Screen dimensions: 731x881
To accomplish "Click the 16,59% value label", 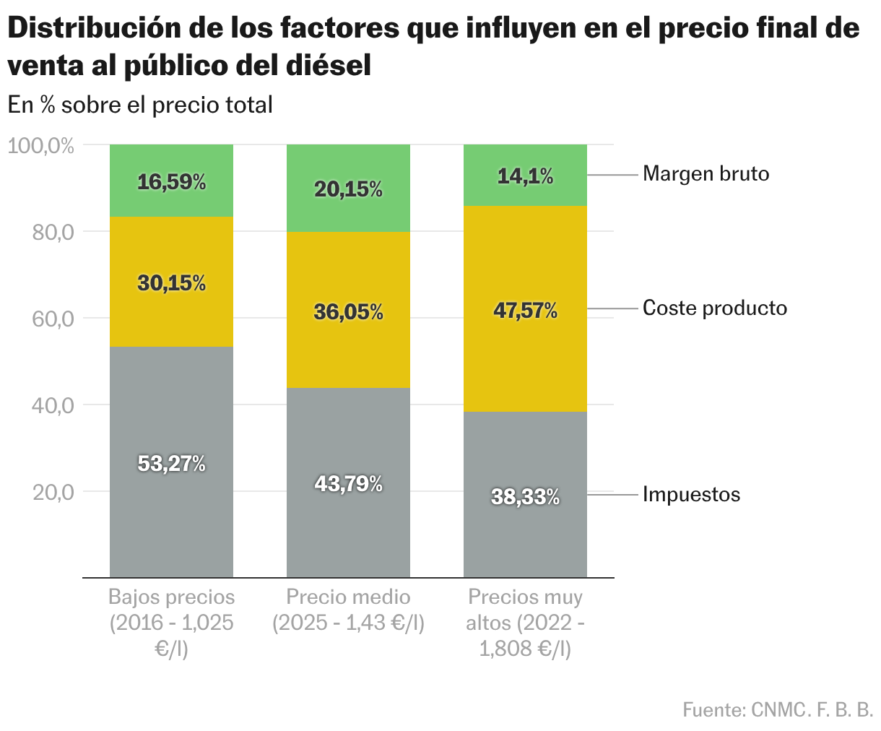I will (171, 182).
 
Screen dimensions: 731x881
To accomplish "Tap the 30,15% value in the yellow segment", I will (171, 283).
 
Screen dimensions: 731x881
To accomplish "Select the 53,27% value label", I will (171, 464).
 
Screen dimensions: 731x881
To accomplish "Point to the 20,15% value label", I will (348, 189).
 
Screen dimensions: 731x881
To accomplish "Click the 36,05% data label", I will (348, 312).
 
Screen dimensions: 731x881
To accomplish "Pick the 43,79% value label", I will (348, 484).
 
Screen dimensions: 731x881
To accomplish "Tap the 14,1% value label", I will (525, 176).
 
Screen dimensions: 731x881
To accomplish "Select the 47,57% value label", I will (525, 311).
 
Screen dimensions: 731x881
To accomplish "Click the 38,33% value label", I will (525, 497).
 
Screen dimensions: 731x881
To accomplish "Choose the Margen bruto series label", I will (706, 174).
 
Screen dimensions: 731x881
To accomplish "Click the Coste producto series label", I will (714, 308).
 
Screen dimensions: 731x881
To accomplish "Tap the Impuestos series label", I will (691, 495).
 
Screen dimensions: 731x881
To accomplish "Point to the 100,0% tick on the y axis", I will (41, 146).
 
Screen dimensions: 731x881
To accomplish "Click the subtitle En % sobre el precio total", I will (140, 105).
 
